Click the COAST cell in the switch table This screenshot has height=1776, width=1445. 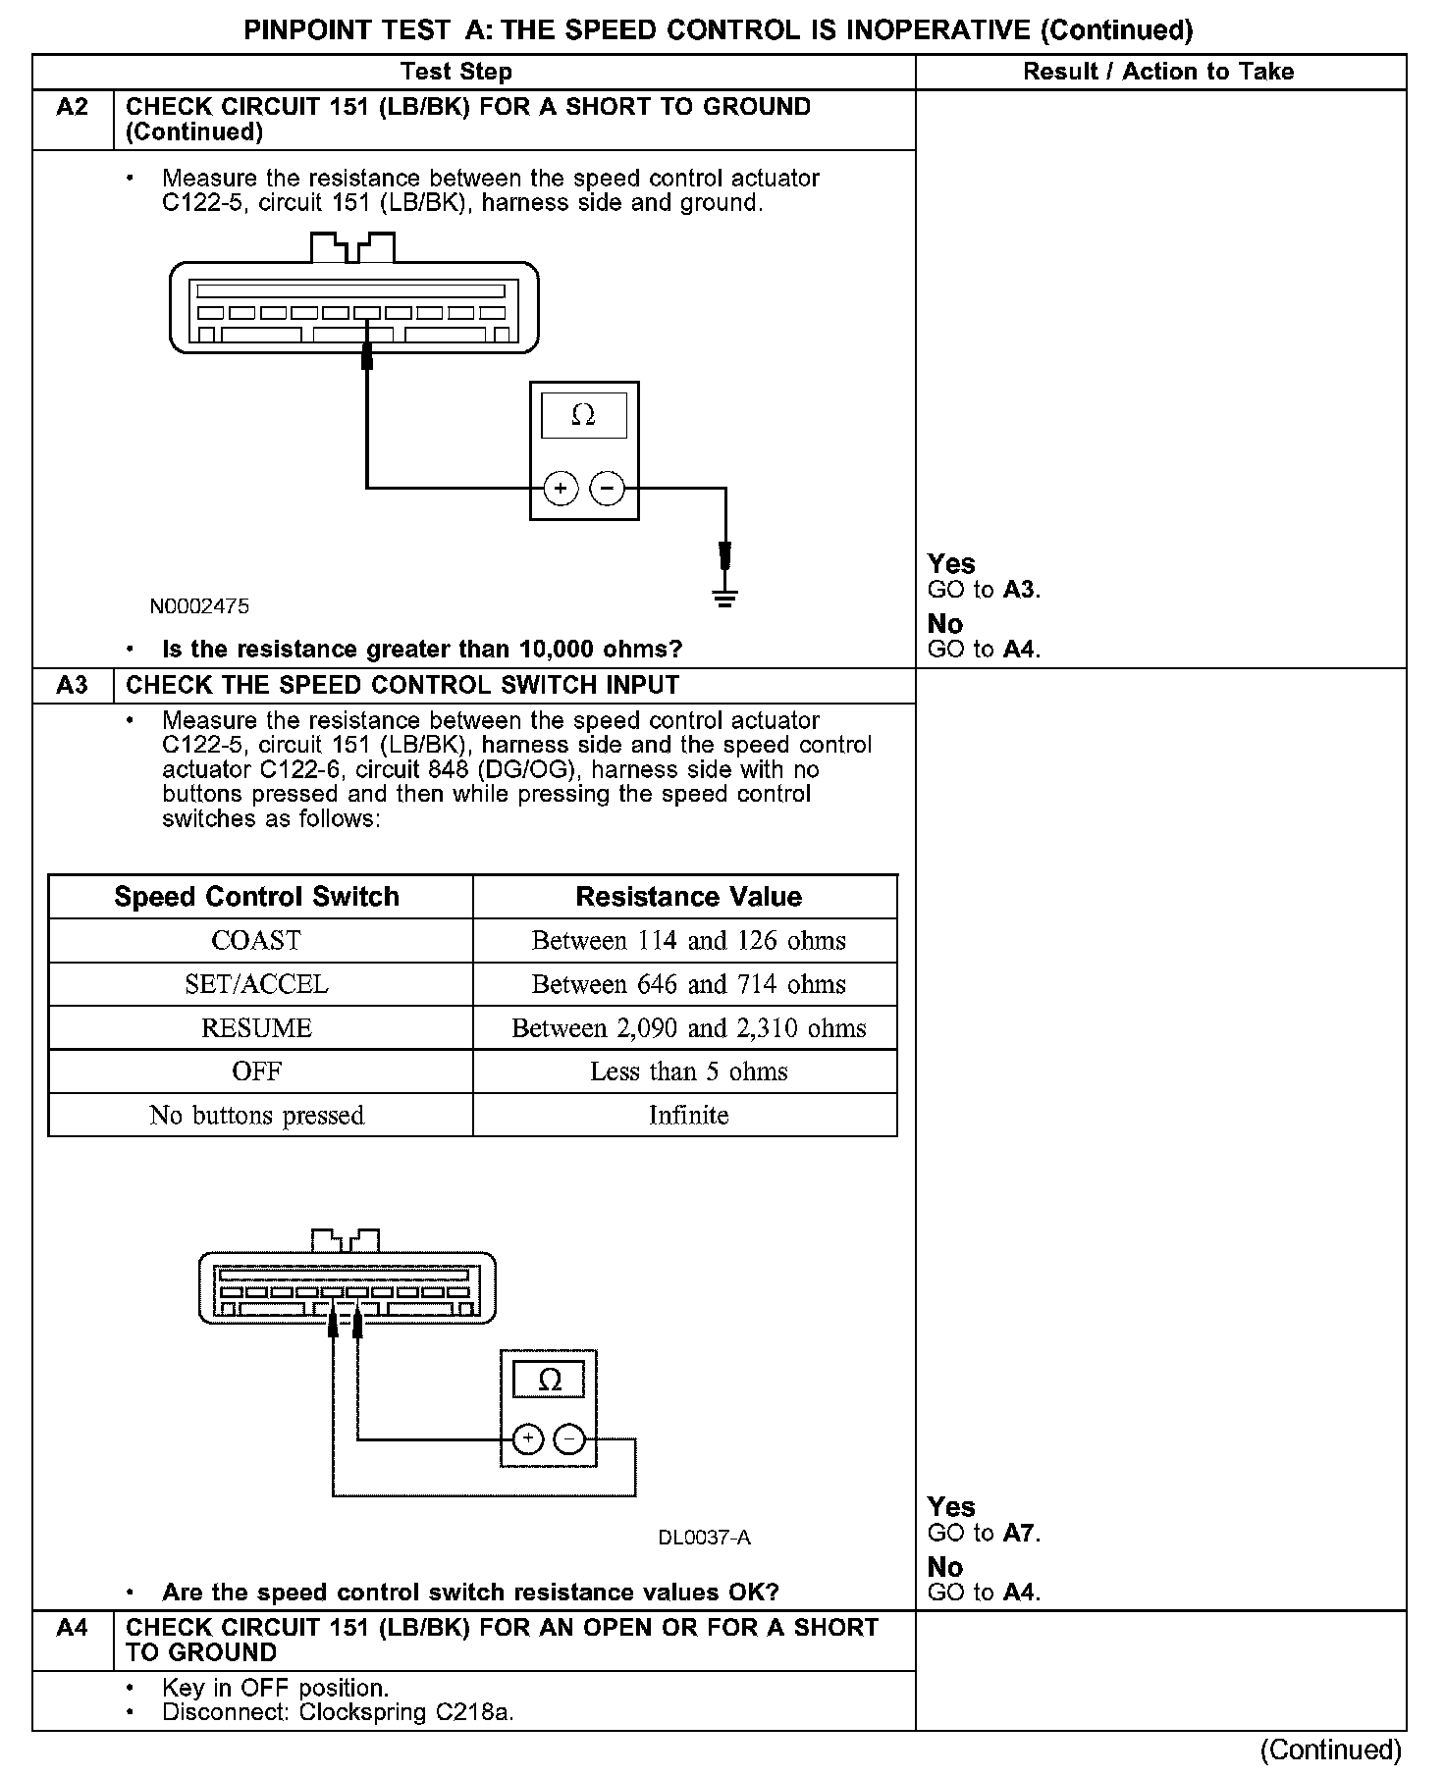click(x=256, y=941)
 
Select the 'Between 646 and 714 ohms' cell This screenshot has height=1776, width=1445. click(x=688, y=984)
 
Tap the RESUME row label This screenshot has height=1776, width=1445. click(x=256, y=1028)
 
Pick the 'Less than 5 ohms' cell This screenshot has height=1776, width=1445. click(x=688, y=1071)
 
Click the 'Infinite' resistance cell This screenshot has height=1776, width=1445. click(x=688, y=1116)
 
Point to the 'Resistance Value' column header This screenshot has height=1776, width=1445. click(x=688, y=897)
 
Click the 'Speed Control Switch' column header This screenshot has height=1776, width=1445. click(x=256, y=897)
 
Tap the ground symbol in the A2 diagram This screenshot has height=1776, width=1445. click(x=725, y=598)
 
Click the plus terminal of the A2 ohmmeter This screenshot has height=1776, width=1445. click(x=561, y=488)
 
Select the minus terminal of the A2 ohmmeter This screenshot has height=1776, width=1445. click(x=608, y=488)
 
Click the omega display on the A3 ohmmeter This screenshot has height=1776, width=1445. click(x=550, y=1381)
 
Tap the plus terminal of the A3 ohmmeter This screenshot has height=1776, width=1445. click(x=528, y=1439)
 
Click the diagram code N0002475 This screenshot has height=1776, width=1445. click(x=199, y=606)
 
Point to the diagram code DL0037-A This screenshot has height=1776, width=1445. click(x=704, y=1538)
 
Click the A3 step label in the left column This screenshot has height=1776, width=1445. click(x=73, y=685)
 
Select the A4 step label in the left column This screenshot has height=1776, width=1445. click(x=73, y=1628)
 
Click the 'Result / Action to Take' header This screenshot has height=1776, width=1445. click(x=1158, y=72)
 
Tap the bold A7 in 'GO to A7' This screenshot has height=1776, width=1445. click(x=1019, y=1533)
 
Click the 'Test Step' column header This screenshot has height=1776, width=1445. click(x=456, y=72)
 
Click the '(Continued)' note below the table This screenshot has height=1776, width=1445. click(x=1330, y=1750)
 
